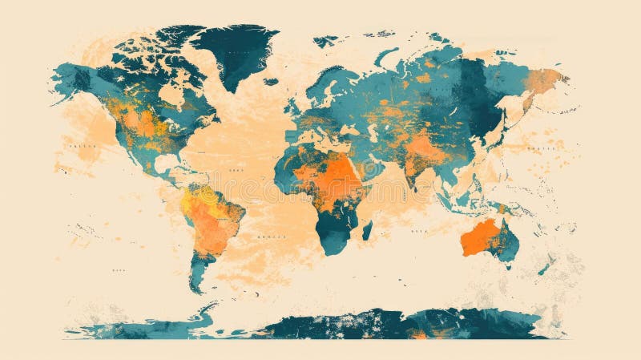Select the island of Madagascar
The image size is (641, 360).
(367, 231)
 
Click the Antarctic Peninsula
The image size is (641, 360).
(204, 313)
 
